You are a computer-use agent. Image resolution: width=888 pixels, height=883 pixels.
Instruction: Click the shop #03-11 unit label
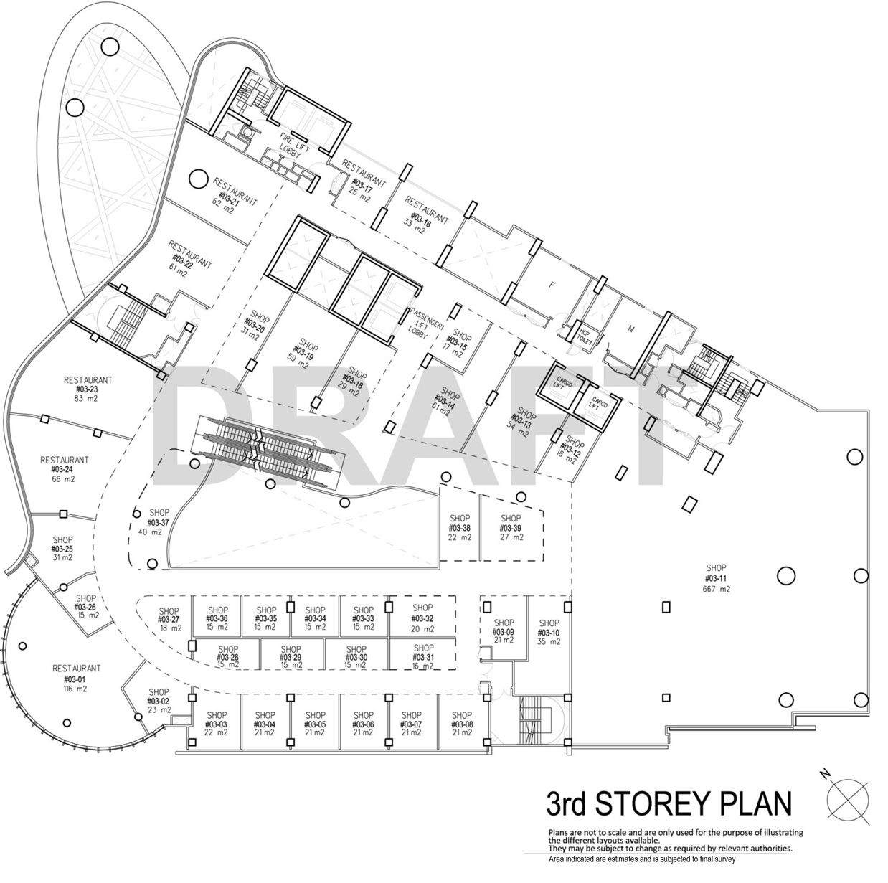(x=716, y=578)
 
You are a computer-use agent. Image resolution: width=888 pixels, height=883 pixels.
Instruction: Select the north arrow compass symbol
(x=848, y=798)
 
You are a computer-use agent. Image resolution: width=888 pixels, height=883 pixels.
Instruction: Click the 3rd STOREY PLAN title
(x=669, y=803)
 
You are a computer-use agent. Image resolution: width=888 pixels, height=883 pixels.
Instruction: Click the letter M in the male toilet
(x=631, y=329)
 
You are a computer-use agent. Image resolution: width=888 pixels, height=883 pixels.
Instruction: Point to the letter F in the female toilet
(x=552, y=285)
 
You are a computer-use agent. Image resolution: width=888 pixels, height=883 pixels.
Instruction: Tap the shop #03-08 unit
(x=462, y=724)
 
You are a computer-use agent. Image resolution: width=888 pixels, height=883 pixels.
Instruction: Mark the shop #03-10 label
(x=549, y=633)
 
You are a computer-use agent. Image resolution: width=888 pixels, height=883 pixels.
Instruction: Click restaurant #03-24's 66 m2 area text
(x=63, y=478)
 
